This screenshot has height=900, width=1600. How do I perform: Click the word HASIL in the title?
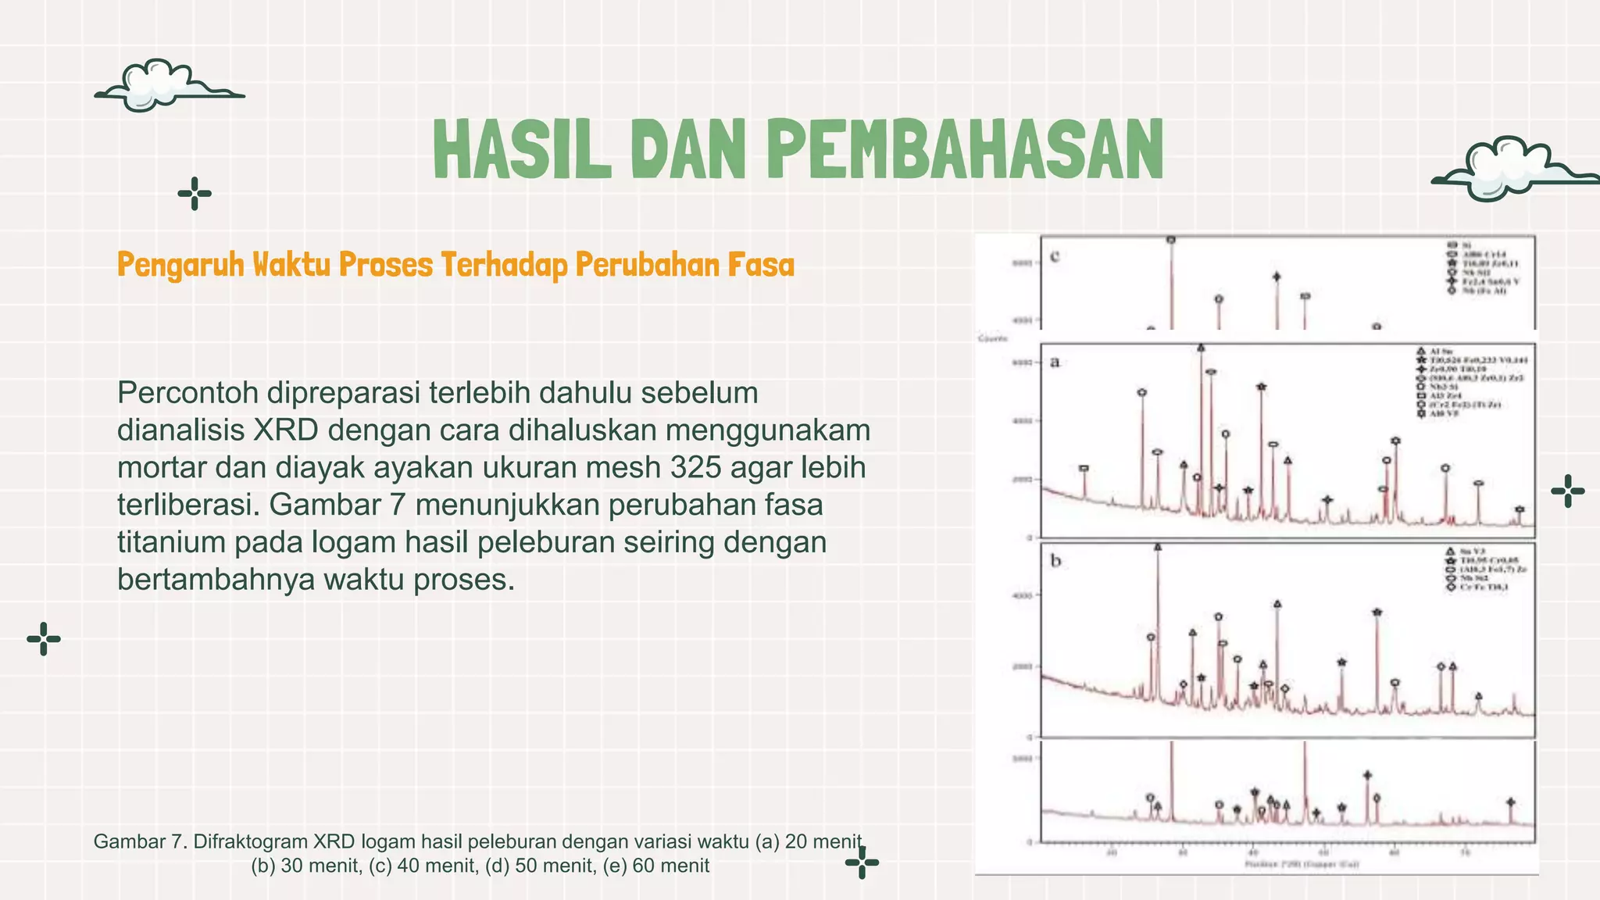click(522, 149)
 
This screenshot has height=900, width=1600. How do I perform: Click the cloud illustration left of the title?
click(164, 85)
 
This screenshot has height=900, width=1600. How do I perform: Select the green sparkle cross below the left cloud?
click(195, 194)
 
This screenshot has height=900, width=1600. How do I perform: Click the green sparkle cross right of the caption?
click(862, 863)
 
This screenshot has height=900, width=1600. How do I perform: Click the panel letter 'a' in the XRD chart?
click(1055, 362)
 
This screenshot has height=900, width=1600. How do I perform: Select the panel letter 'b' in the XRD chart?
click(1055, 561)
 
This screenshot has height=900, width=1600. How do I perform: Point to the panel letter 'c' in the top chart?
click(1055, 256)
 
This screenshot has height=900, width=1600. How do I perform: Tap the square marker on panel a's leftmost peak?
click(1084, 469)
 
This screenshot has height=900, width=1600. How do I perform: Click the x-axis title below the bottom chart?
click(1301, 864)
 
